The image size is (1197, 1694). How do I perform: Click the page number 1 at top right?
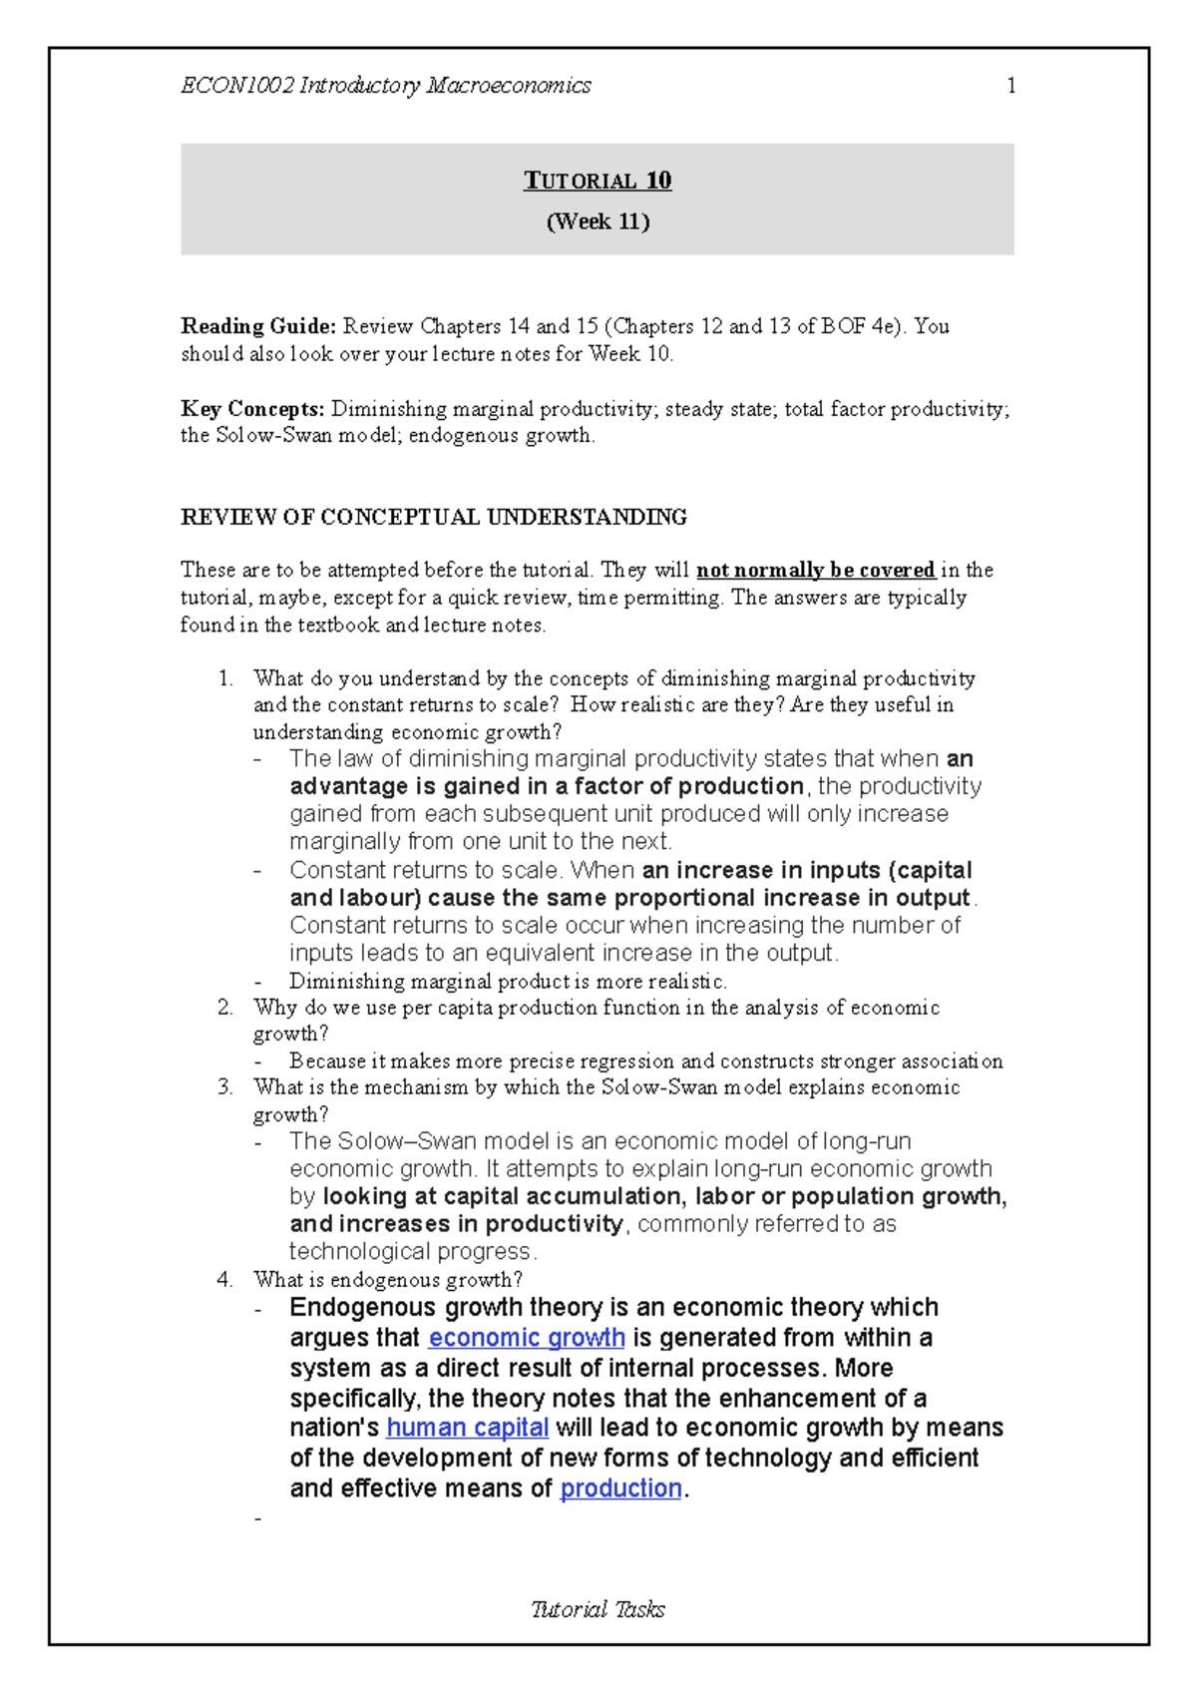[1011, 86]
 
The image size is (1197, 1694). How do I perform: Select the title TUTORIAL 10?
[598, 181]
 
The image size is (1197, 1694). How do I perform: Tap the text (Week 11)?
[598, 221]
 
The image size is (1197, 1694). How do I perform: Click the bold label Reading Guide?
[258, 326]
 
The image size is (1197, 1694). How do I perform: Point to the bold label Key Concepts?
[252, 409]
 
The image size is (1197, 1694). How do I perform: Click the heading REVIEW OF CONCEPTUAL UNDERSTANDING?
[433, 517]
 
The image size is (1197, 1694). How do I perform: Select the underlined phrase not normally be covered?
[815, 570]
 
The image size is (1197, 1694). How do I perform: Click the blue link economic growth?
[526, 1338]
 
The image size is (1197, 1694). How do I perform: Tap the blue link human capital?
[467, 1428]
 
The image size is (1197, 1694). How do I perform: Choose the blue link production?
[620, 1488]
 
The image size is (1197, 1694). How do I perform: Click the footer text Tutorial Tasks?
[598, 1609]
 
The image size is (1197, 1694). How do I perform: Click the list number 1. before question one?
[225, 678]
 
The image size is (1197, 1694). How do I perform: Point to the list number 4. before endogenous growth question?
[224, 1280]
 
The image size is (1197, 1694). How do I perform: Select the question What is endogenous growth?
[388, 1280]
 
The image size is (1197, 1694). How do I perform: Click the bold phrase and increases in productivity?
[457, 1224]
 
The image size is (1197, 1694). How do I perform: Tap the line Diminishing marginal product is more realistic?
[508, 981]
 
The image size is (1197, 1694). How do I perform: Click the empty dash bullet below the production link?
[259, 1518]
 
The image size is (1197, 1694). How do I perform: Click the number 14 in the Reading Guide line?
[519, 326]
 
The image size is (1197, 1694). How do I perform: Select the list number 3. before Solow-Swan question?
[224, 1087]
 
